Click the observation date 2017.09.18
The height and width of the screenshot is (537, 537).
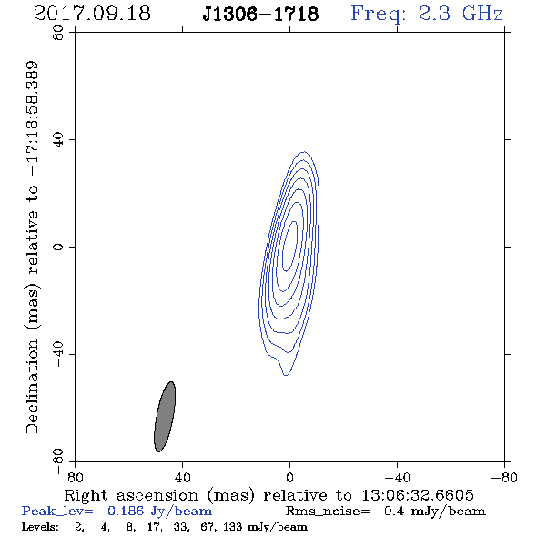point(92,14)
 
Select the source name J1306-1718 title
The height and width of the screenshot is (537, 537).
point(260,15)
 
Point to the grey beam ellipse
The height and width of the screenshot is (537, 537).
point(165,417)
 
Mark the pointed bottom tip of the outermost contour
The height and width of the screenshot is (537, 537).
point(286,375)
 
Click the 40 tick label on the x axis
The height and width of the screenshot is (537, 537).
point(182,478)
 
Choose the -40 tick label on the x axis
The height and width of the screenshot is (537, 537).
point(397,478)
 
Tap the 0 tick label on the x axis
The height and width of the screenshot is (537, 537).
point(289,478)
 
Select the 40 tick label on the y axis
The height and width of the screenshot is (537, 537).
point(58,140)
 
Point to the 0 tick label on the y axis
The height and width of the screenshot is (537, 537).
point(58,247)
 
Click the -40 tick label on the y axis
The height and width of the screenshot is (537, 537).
point(58,354)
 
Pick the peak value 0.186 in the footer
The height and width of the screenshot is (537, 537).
point(126,511)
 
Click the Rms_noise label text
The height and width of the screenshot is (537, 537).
point(328,512)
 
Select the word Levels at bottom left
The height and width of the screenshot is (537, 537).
point(40,526)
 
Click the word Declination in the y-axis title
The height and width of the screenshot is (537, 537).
point(32,386)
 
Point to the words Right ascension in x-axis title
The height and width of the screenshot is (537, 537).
point(131,495)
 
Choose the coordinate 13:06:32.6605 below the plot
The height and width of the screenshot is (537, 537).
point(418,495)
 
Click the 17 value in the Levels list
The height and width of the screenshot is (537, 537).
point(153,527)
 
